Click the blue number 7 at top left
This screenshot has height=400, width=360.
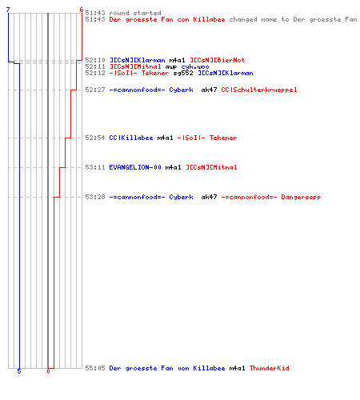coord(8,10)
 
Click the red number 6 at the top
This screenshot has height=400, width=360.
coord(82,10)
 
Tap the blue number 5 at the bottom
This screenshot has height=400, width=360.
coord(19,371)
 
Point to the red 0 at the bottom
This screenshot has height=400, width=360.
coord(48,371)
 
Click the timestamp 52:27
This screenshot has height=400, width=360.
coord(95,90)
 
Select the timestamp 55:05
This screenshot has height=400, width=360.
coord(95,368)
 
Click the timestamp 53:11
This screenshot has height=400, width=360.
coord(95,167)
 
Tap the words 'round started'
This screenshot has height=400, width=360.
coord(135,13)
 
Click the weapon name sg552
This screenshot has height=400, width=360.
coord(183,73)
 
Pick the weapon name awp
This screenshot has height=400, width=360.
coord(171,66)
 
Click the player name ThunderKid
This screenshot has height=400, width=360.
coord(269,368)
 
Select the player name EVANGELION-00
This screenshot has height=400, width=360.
coord(135,167)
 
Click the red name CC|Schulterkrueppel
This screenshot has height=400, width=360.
coord(259,90)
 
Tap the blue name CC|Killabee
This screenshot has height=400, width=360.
coord(131,138)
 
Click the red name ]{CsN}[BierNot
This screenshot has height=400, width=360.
coord(217,60)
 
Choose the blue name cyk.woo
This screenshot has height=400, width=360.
coord(195,66)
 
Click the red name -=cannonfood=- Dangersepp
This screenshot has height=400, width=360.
coord(271,197)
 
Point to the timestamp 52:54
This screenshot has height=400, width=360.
coord(95,138)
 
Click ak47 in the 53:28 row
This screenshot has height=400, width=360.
coord(209,197)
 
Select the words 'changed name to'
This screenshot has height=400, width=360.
coord(259,19)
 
